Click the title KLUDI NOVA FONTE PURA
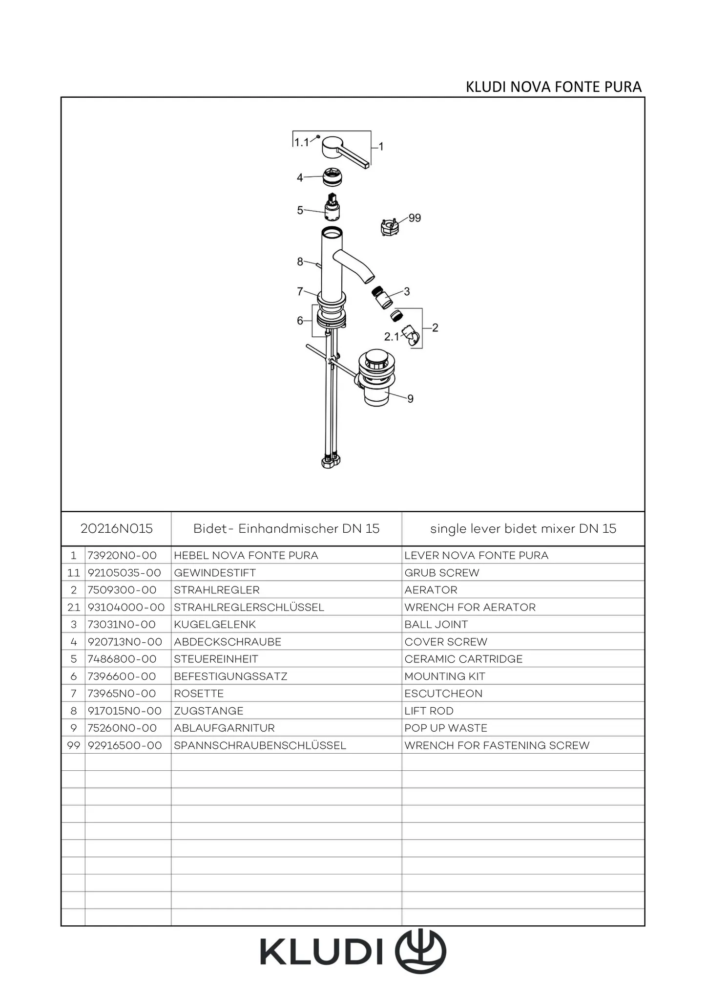[x=554, y=87]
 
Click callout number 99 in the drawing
[x=415, y=218]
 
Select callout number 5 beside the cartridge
[x=300, y=210]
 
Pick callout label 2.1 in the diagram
[x=392, y=336]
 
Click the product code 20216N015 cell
[x=117, y=528]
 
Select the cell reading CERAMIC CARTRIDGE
[x=463, y=659]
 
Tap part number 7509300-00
[x=122, y=590]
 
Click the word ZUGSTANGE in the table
[x=208, y=711]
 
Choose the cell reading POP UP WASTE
[x=446, y=728]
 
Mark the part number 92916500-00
[x=125, y=745]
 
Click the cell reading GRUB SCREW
[x=442, y=573]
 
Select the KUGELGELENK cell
[x=215, y=624]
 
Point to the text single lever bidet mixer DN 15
[x=523, y=528]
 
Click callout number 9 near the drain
[x=410, y=399]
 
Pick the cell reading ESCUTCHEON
[x=443, y=694]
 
